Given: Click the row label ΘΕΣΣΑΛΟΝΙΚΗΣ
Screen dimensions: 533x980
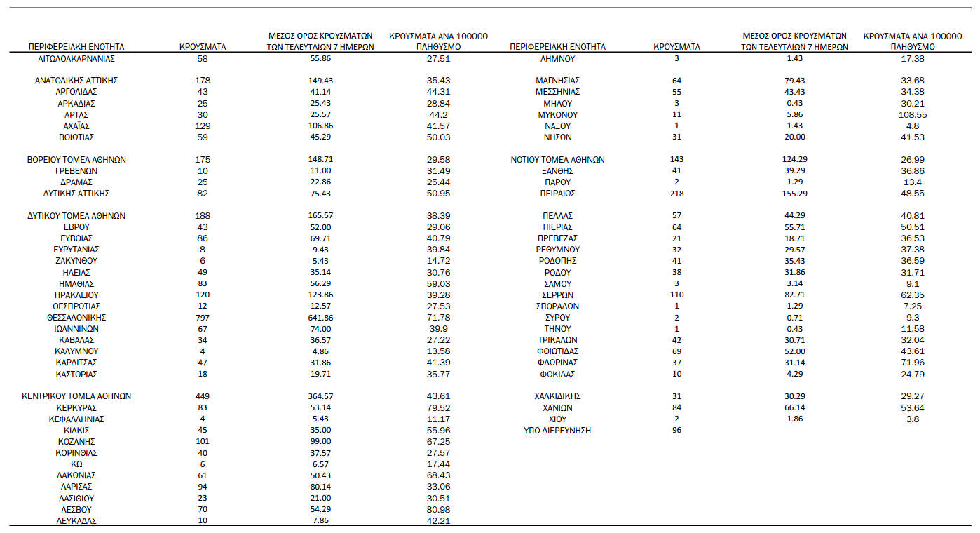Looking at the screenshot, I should tap(76, 317).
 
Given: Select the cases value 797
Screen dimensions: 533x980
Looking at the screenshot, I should tap(203, 317).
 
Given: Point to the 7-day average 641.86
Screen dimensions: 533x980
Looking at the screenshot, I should tap(320, 317).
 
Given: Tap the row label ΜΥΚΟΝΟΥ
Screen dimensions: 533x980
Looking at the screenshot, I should tap(557, 114).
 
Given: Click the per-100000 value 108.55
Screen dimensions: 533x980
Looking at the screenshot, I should tap(912, 114).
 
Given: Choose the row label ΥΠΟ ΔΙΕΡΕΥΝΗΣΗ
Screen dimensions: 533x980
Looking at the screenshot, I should tap(557, 430).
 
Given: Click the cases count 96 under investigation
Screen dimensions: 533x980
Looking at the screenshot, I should tap(676, 430).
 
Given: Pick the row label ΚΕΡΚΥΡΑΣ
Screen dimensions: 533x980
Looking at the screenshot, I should tap(76, 407).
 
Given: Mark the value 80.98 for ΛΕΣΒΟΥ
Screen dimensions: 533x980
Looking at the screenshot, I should tap(438, 509).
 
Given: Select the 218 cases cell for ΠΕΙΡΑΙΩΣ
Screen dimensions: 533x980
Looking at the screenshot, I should tap(676, 193).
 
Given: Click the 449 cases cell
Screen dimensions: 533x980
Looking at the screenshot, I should tap(203, 396).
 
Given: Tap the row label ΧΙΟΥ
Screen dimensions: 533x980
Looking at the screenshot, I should tap(557, 419).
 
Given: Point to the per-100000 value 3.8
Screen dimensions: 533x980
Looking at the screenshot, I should tap(912, 419).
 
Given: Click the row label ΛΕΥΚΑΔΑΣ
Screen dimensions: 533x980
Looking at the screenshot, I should tap(76, 520).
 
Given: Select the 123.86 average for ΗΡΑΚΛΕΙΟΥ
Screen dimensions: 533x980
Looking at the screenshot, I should tap(320, 295).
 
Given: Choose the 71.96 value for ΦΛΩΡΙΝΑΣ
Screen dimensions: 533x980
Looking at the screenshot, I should tap(912, 362).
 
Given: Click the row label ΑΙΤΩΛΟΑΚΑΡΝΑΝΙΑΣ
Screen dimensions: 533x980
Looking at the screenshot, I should tap(76, 58).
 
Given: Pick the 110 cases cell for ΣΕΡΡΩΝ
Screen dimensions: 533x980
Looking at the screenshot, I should tap(676, 295).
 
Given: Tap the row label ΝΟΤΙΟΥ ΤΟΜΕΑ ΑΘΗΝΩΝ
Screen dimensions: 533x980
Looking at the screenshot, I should tap(557, 159).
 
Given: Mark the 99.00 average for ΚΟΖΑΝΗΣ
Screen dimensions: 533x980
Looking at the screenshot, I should tap(320, 441).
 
